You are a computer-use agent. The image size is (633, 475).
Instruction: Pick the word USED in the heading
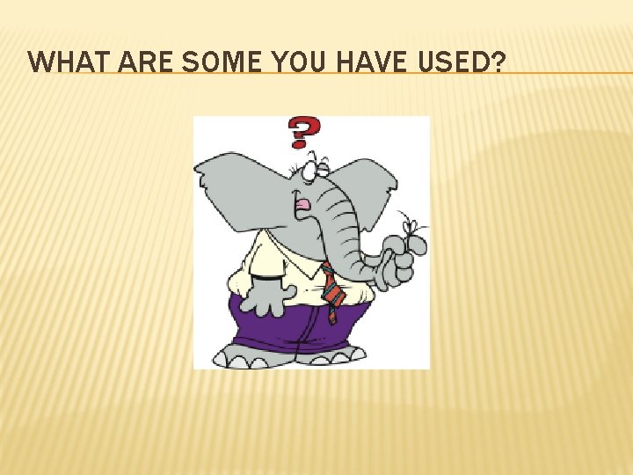(x=457, y=62)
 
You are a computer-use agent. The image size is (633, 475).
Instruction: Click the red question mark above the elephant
(x=302, y=133)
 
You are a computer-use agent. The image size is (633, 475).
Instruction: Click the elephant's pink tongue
(x=302, y=206)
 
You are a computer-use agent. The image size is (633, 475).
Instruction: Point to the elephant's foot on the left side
(x=243, y=355)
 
